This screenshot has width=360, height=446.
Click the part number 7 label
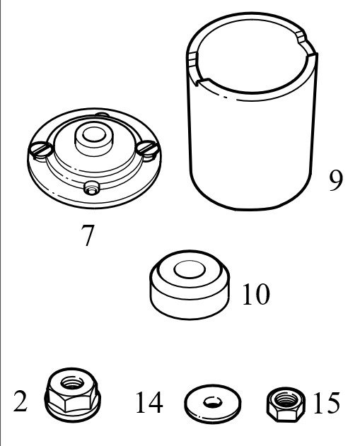click(88, 235)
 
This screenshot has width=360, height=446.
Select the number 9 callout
click(336, 180)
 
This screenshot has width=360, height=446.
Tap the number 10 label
click(255, 294)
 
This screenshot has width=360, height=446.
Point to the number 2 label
click(21, 401)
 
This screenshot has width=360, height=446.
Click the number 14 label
click(149, 402)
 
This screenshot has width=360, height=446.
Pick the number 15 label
click(327, 402)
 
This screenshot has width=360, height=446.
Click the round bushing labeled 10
click(190, 285)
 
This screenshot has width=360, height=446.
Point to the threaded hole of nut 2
click(74, 382)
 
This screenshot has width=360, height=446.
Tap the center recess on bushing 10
click(189, 269)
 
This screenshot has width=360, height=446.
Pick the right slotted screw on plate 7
click(147, 148)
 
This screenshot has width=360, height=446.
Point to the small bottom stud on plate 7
click(91, 188)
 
